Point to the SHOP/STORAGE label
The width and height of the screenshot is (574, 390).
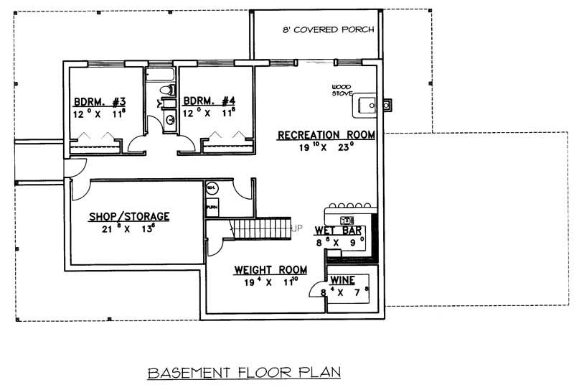pos(129,215)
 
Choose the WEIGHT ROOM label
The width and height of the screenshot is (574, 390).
pos(270,270)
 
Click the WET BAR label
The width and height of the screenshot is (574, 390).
pos(339,231)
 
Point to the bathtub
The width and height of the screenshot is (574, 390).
pos(161,73)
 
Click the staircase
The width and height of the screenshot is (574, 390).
pos(263,229)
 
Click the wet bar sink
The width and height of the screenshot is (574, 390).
pos(347,219)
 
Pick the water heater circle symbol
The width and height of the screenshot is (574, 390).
pos(212,188)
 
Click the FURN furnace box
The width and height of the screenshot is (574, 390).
pos(212,207)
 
